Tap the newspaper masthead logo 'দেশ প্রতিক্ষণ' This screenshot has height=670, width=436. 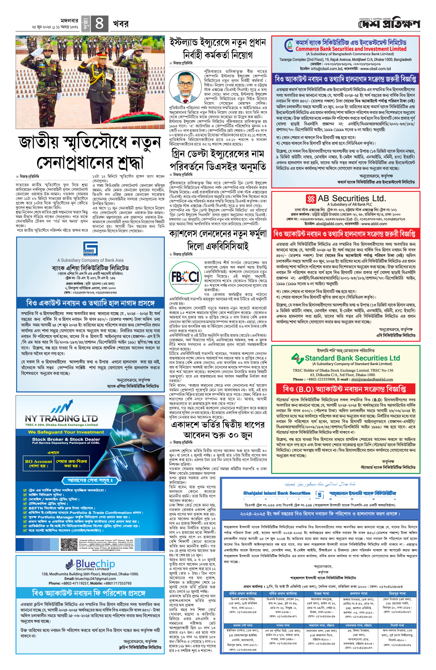coord(389,24)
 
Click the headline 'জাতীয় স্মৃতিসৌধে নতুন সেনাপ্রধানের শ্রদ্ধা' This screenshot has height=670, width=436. coord(89,153)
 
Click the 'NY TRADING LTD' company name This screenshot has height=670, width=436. coord(61,418)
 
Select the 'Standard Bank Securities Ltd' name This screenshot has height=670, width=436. coord(352,358)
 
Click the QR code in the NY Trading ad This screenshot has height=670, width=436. coord(69,544)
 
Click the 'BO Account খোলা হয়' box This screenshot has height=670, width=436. coord(39,464)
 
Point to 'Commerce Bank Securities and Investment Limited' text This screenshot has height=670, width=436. coord(351,49)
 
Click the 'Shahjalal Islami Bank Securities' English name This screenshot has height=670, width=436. coord(277,493)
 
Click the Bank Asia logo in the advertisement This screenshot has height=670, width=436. coord(90,249)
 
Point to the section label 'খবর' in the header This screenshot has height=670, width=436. coord(121,24)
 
